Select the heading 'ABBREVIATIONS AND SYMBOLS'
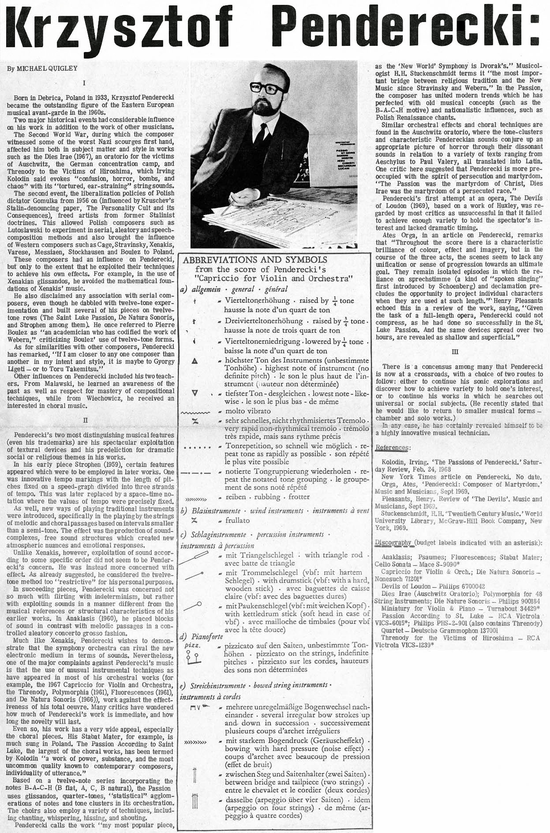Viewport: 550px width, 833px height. click(255, 260)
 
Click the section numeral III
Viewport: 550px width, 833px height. click(456, 352)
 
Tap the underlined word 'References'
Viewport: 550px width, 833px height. click(392, 448)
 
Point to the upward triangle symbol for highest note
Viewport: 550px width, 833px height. click(195, 361)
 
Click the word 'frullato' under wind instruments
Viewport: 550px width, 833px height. click(237, 520)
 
